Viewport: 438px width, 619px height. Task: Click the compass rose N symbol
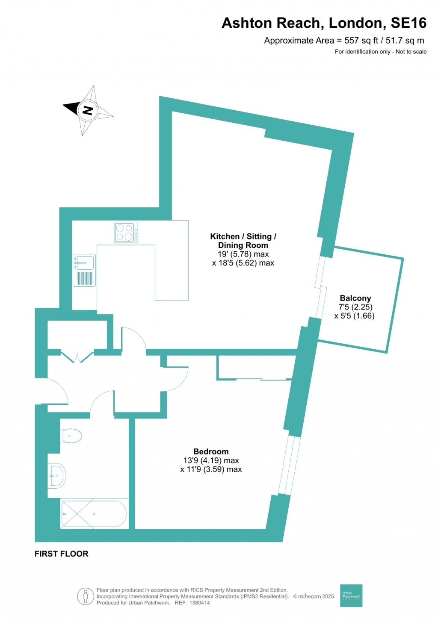pyautogui.click(x=88, y=110)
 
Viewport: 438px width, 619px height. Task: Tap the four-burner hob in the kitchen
pyautogui.click(x=126, y=232)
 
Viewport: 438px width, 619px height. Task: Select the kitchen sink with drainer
pyautogui.click(x=84, y=270)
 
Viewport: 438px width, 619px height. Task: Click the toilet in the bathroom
pyautogui.click(x=71, y=436)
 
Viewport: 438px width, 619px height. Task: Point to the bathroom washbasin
pyautogui.click(x=57, y=475)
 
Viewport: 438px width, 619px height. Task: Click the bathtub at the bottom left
pyautogui.click(x=94, y=513)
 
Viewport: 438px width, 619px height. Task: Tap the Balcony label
pyautogui.click(x=355, y=298)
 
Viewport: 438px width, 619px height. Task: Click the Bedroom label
pyautogui.click(x=211, y=451)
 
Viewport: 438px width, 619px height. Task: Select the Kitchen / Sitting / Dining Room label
pyautogui.click(x=243, y=241)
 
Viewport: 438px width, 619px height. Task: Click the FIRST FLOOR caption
pyautogui.click(x=62, y=554)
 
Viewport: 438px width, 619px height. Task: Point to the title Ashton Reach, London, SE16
pyautogui.click(x=324, y=23)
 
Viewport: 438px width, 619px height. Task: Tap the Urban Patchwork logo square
pyautogui.click(x=351, y=595)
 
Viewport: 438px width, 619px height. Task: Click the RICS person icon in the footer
pyautogui.click(x=86, y=596)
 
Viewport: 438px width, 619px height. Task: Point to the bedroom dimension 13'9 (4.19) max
pyautogui.click(x=211, y=460)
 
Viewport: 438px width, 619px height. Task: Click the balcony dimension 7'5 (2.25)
pyautogui.click(x=355, y=307)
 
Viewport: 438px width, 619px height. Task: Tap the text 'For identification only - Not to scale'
pyautogui.click(x=380, y=52)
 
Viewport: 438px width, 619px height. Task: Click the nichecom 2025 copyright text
pyautogui.click(x=314, y=596)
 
